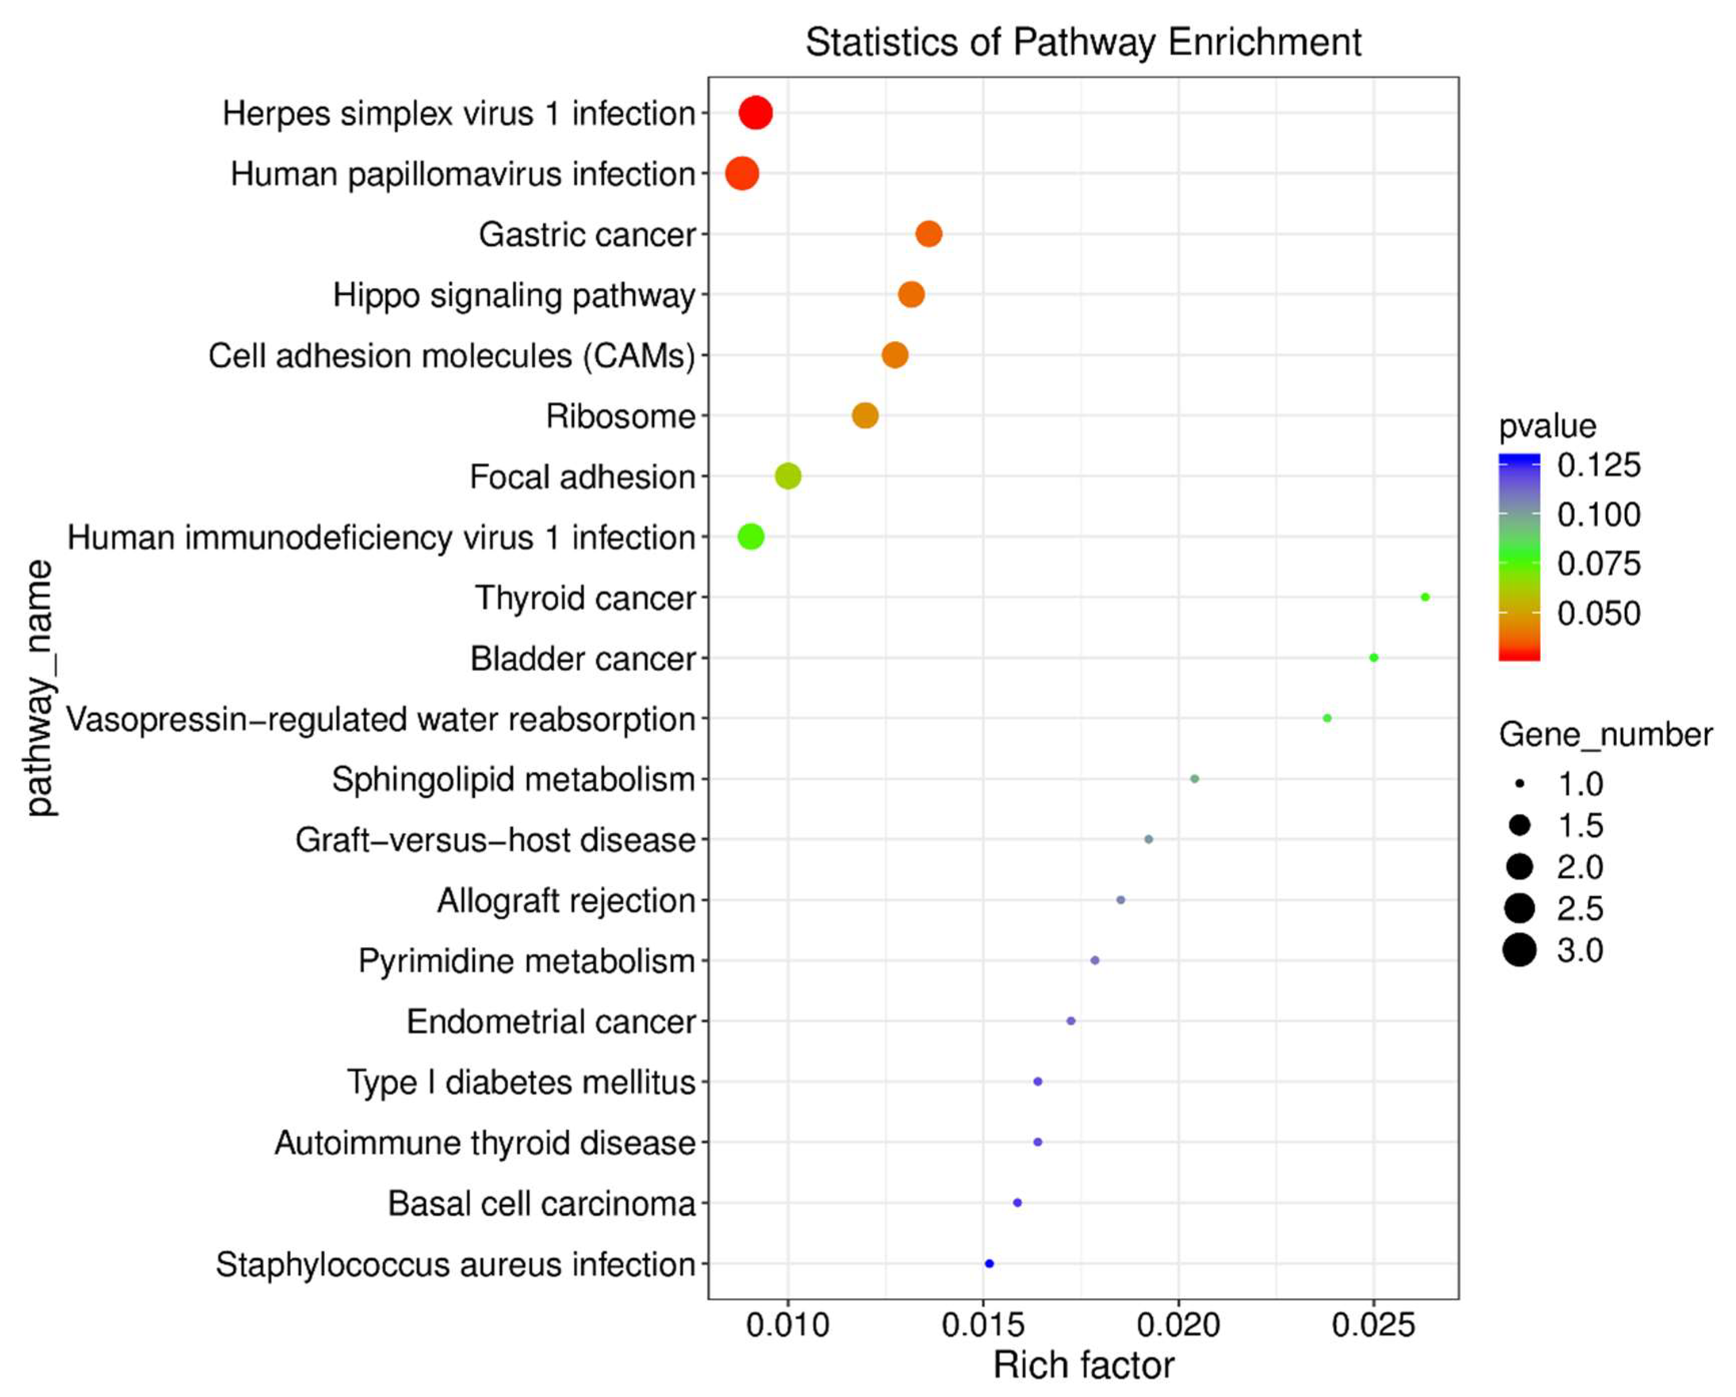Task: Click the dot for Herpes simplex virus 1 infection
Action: (755, 113)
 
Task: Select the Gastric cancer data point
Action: (928, 234)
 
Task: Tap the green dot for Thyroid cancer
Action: (1425, 597)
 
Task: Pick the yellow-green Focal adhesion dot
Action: (788, 476)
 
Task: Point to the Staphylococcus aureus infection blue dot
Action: (989, 1263)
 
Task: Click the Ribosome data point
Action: (865, 416)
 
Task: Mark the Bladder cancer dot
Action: (1373, 658)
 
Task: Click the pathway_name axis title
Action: (38, 688)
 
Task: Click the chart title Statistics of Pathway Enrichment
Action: (1083, 42)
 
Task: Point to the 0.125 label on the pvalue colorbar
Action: (1598, 465)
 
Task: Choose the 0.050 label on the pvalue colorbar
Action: (1598, 613)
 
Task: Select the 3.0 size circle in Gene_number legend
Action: (1519, 950)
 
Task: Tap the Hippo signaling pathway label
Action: (514, 295)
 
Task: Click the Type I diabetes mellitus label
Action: (521, 1082)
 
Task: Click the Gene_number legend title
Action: (1605, 735)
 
